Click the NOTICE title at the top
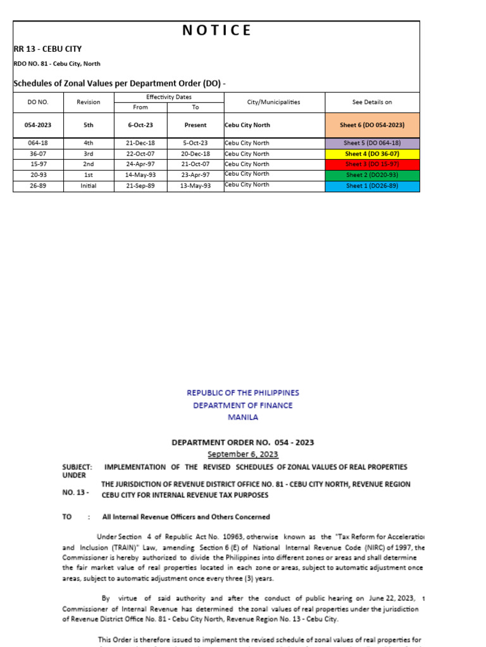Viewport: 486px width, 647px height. [216, 30]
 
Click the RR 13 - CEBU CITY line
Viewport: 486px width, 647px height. [47, 49]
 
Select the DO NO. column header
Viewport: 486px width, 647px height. [38, 102]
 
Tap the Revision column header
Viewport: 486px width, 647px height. [89, 102]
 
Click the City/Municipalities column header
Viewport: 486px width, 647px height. [273, 102]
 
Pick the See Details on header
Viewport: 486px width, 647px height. [372, 102]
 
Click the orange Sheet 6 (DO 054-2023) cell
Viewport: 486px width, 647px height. [372, 125]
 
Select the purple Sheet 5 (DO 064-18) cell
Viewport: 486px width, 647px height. [372, 143]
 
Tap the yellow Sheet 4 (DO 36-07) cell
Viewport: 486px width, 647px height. [372, 154]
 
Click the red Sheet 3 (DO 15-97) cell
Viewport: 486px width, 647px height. [372, 164]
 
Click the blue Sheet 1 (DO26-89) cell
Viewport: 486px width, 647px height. [372, 186]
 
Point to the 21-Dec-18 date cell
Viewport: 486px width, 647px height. [140, 143]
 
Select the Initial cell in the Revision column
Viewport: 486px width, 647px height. [89, 185]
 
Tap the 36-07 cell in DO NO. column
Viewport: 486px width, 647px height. [38, 154]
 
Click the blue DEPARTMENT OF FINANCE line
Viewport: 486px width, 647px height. [243, 405]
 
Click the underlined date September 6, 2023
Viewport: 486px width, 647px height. [243, 454]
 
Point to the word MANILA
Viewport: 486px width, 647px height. [243, 417]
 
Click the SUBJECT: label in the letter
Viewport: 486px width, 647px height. [77, 467]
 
